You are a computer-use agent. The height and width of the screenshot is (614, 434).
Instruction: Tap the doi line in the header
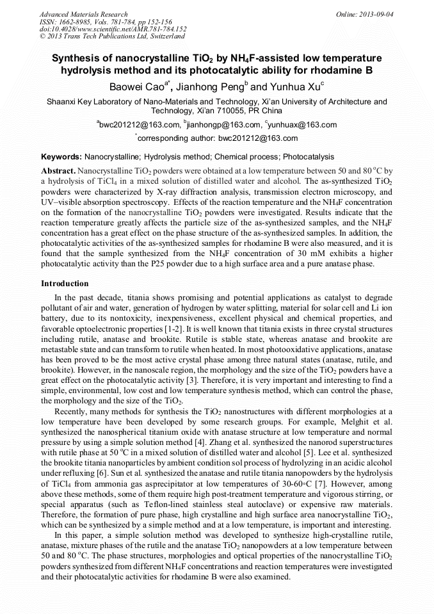tap(113, 29)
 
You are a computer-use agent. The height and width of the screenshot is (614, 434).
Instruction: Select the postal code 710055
tap(216, 111)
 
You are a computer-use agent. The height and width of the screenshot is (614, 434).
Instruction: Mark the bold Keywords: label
tap(61, 157)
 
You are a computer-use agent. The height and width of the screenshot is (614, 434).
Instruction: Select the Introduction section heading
tap(65, 283)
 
